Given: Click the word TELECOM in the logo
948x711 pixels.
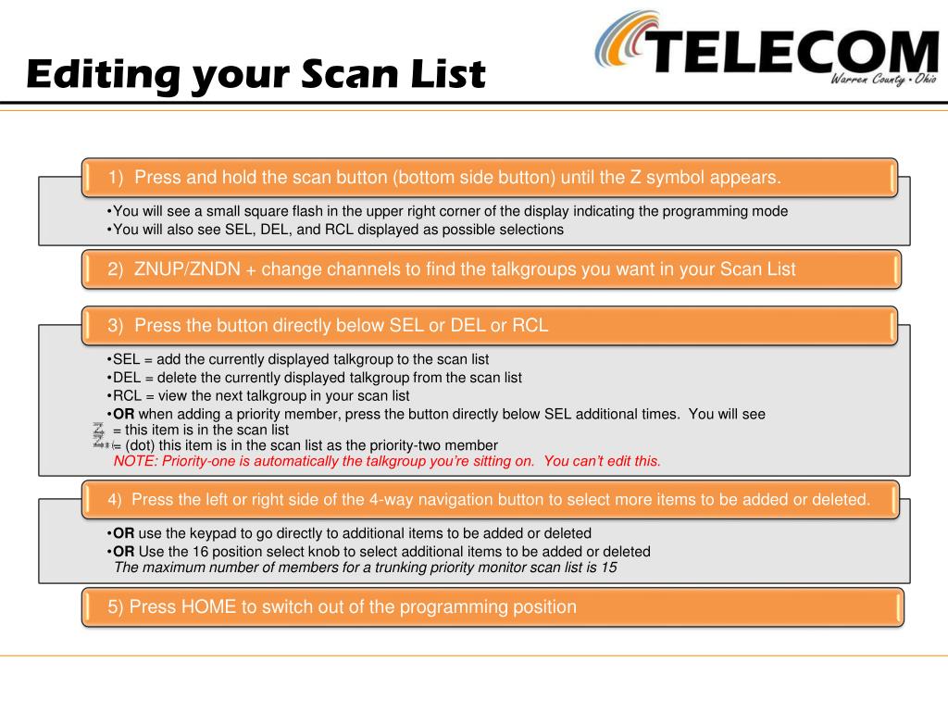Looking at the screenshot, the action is pyautogui.click(x=792, y=52).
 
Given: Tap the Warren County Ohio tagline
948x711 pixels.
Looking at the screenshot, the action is pyautogui.click(x=883, y=80).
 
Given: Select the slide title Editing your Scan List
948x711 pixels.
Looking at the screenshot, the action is pyautogui.click(x=256, y=75).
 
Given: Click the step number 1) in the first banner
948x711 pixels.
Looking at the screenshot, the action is pyautogui.click(x=116, y=178).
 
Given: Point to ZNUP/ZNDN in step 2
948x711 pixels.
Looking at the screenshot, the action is pyautogui.click(x=187, y=269).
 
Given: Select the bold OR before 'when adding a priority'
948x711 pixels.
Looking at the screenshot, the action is pyautogui.click(x=123, y=414).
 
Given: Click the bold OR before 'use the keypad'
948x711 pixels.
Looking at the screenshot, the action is pyautogui.click(x=123, y=533).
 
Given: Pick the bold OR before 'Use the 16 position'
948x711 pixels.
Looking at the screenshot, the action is pyautogui.click(x=123, y=552).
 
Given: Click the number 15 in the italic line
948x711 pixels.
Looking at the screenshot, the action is pyautogui.click(x=609, y=568).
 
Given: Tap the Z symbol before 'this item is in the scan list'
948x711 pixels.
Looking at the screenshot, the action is pyautogui.click(x=98, y=430).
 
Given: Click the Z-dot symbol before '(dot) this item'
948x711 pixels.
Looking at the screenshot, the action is pyautogui.click(x=102, y=444).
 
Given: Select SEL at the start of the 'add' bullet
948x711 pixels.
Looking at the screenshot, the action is pyautogui.click(x=126, y=360).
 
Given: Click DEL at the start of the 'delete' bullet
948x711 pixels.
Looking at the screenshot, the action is pyautogui.click(x=127, y=378).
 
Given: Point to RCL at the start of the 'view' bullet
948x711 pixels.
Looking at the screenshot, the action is pyautogui.click(x=127, y=396).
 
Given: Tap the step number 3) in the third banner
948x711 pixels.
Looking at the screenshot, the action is pyautogui.click(x=116, y=326).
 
